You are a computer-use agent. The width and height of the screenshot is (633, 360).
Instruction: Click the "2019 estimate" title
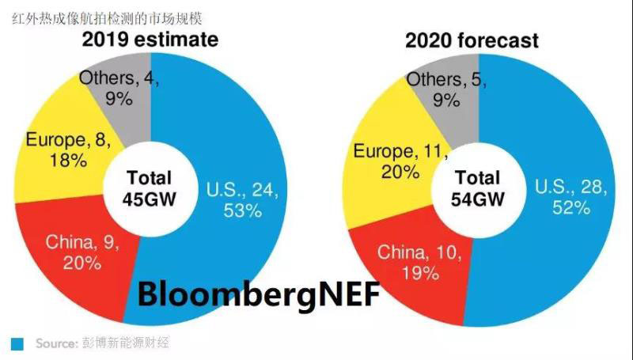(x=150, y=40)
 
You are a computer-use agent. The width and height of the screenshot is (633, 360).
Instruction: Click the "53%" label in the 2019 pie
(x=241, y=210)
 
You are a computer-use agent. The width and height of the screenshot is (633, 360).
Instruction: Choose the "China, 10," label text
(x=415, y=253)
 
